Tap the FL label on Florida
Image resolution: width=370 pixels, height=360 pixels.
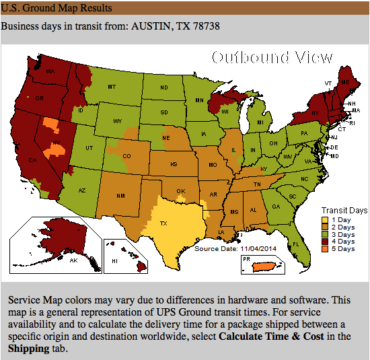(295, 244)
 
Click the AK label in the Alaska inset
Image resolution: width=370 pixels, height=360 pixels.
(74, 260)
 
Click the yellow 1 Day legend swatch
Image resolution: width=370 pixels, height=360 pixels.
(325, 220)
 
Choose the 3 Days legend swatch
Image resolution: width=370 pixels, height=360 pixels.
(325, 234)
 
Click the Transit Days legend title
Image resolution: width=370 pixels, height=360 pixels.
(344, 210)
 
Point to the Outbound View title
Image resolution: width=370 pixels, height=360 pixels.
(272, 57)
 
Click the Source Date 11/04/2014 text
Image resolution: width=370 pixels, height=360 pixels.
(235, 248)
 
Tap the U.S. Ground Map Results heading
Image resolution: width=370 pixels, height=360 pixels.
(57, 8)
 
